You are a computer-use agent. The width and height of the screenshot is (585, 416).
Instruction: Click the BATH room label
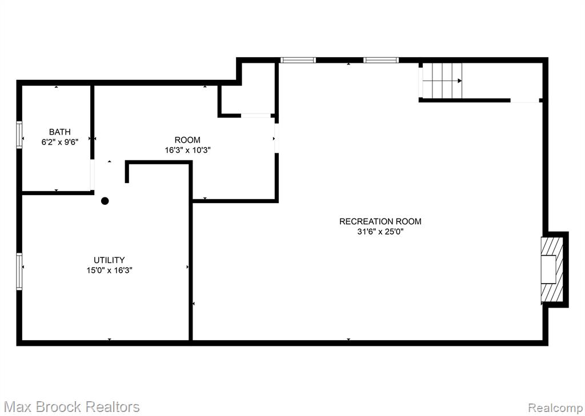tap(59, 132)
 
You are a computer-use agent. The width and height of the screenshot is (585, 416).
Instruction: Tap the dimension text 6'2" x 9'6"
tap(59, 142)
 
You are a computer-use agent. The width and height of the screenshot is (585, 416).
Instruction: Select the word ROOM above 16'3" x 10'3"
tap(187, 140)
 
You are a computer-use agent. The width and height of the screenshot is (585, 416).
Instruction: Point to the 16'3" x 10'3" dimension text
tap(187, 150)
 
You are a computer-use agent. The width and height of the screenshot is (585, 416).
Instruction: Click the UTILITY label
tap(109, 260)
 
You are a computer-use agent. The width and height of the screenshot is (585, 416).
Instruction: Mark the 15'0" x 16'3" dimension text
tap(109, 270)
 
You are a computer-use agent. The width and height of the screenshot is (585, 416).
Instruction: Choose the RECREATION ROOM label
tap(380, 221)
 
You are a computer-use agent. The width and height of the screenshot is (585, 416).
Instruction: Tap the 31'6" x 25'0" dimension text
tap(380, 232)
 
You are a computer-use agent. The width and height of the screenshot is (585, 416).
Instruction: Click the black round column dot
tap(105, 201)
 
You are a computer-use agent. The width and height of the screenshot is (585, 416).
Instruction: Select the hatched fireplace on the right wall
tap(552, 269)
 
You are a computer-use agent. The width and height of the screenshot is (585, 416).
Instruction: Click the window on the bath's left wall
tap(19, 135)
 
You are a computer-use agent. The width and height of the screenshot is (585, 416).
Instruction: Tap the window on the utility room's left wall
tap(19, 272)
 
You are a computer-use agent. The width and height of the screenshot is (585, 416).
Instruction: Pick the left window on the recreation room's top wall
tap(298, 60)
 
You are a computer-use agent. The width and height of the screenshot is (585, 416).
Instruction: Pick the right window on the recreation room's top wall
tap(381, 60)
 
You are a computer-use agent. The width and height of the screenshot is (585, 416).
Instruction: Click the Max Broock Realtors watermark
tap(73, 406)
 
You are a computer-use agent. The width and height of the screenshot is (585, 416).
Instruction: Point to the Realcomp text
tap(555, 407)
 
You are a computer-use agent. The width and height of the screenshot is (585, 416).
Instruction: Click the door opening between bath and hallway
tap(92, 175)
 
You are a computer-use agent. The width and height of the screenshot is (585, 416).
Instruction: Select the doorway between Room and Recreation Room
tap(277, 138)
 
